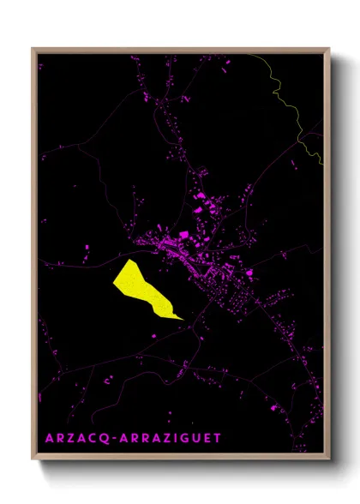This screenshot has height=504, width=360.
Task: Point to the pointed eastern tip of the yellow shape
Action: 183,319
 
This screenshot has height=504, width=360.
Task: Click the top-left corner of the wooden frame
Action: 33,49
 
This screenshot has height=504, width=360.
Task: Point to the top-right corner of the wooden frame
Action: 330,49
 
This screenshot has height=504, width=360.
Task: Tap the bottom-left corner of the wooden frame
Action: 33,460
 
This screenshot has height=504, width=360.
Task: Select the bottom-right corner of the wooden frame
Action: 330,460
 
